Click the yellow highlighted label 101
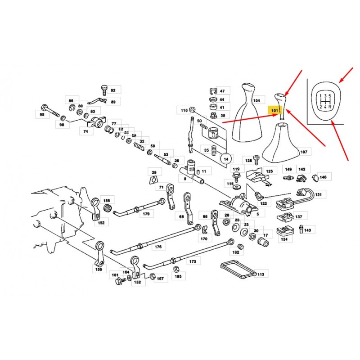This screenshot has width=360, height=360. [x=274, y=109]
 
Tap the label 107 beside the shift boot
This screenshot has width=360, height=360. [x=303, y=152]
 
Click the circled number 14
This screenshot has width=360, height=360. [x=226, y=158]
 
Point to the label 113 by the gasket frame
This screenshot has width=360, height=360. [x=261, y=273]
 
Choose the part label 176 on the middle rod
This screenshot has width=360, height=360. [x=158, y=246]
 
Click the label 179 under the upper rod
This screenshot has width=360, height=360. [x=146, y=214]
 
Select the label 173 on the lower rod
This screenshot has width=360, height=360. [x=193, y=261]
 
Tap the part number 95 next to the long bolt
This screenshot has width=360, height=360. [x=42, y=115]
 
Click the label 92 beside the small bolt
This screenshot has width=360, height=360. [x=112, y=90]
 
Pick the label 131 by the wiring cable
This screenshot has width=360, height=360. [x=318, y=195]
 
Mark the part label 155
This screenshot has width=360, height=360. [x=99, y=270]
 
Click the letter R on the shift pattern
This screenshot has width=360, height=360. [x=331, y=107]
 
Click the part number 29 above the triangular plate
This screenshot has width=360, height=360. [x=153, y=173]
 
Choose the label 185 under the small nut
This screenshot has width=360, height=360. [x=178, y=277]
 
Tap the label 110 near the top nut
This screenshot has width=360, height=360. [x=184, y=110]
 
